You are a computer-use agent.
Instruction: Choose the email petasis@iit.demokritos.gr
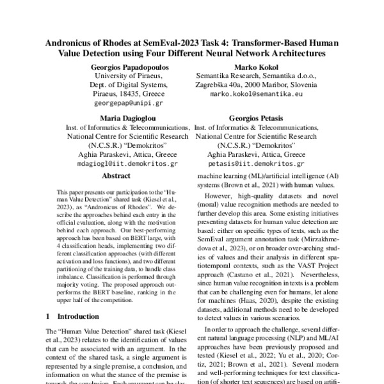point(255,163)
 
